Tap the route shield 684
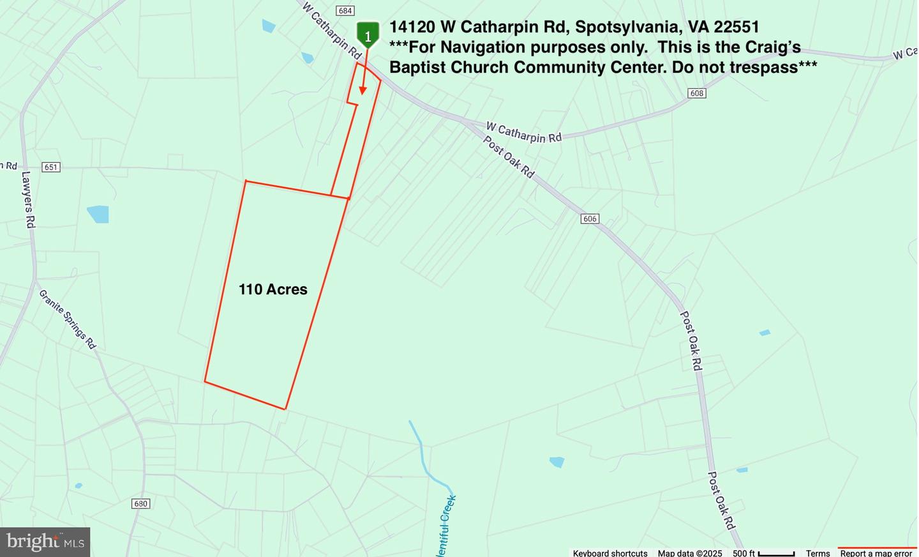click(x=345, y=11)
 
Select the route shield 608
click(x=696, y=93)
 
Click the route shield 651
click(x=50, y=167)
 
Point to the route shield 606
click(x=590, y=219)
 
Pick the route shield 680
click(x=140, y=504)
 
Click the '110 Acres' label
click(x=273, y=289)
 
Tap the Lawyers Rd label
click(x=28, y=199)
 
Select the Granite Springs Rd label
click(x=67, y=319)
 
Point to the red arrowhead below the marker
click(x=362, y=91)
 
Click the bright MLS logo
click(x=45, y=542)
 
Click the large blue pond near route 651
click(x=98, y=214)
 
